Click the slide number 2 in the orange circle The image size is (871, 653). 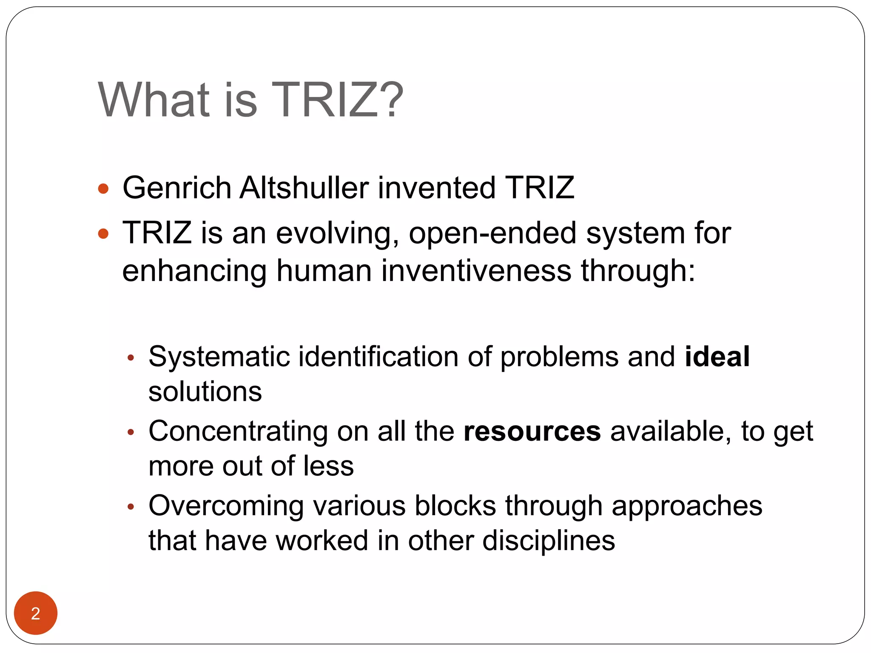tap(36, 613)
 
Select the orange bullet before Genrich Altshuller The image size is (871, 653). tap(103, 188)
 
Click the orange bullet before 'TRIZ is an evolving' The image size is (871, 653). tap(103, 233)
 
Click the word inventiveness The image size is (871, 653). tap(476, 271)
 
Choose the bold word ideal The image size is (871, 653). tap(717, 356)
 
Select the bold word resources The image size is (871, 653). tap(532, 432)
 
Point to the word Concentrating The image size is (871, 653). tap(238, 432)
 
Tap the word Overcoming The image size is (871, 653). tap(226, 506)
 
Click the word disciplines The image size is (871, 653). tap(549, 541)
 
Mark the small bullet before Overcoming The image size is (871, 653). tap(131, 507)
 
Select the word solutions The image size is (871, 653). tap(205, 392)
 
